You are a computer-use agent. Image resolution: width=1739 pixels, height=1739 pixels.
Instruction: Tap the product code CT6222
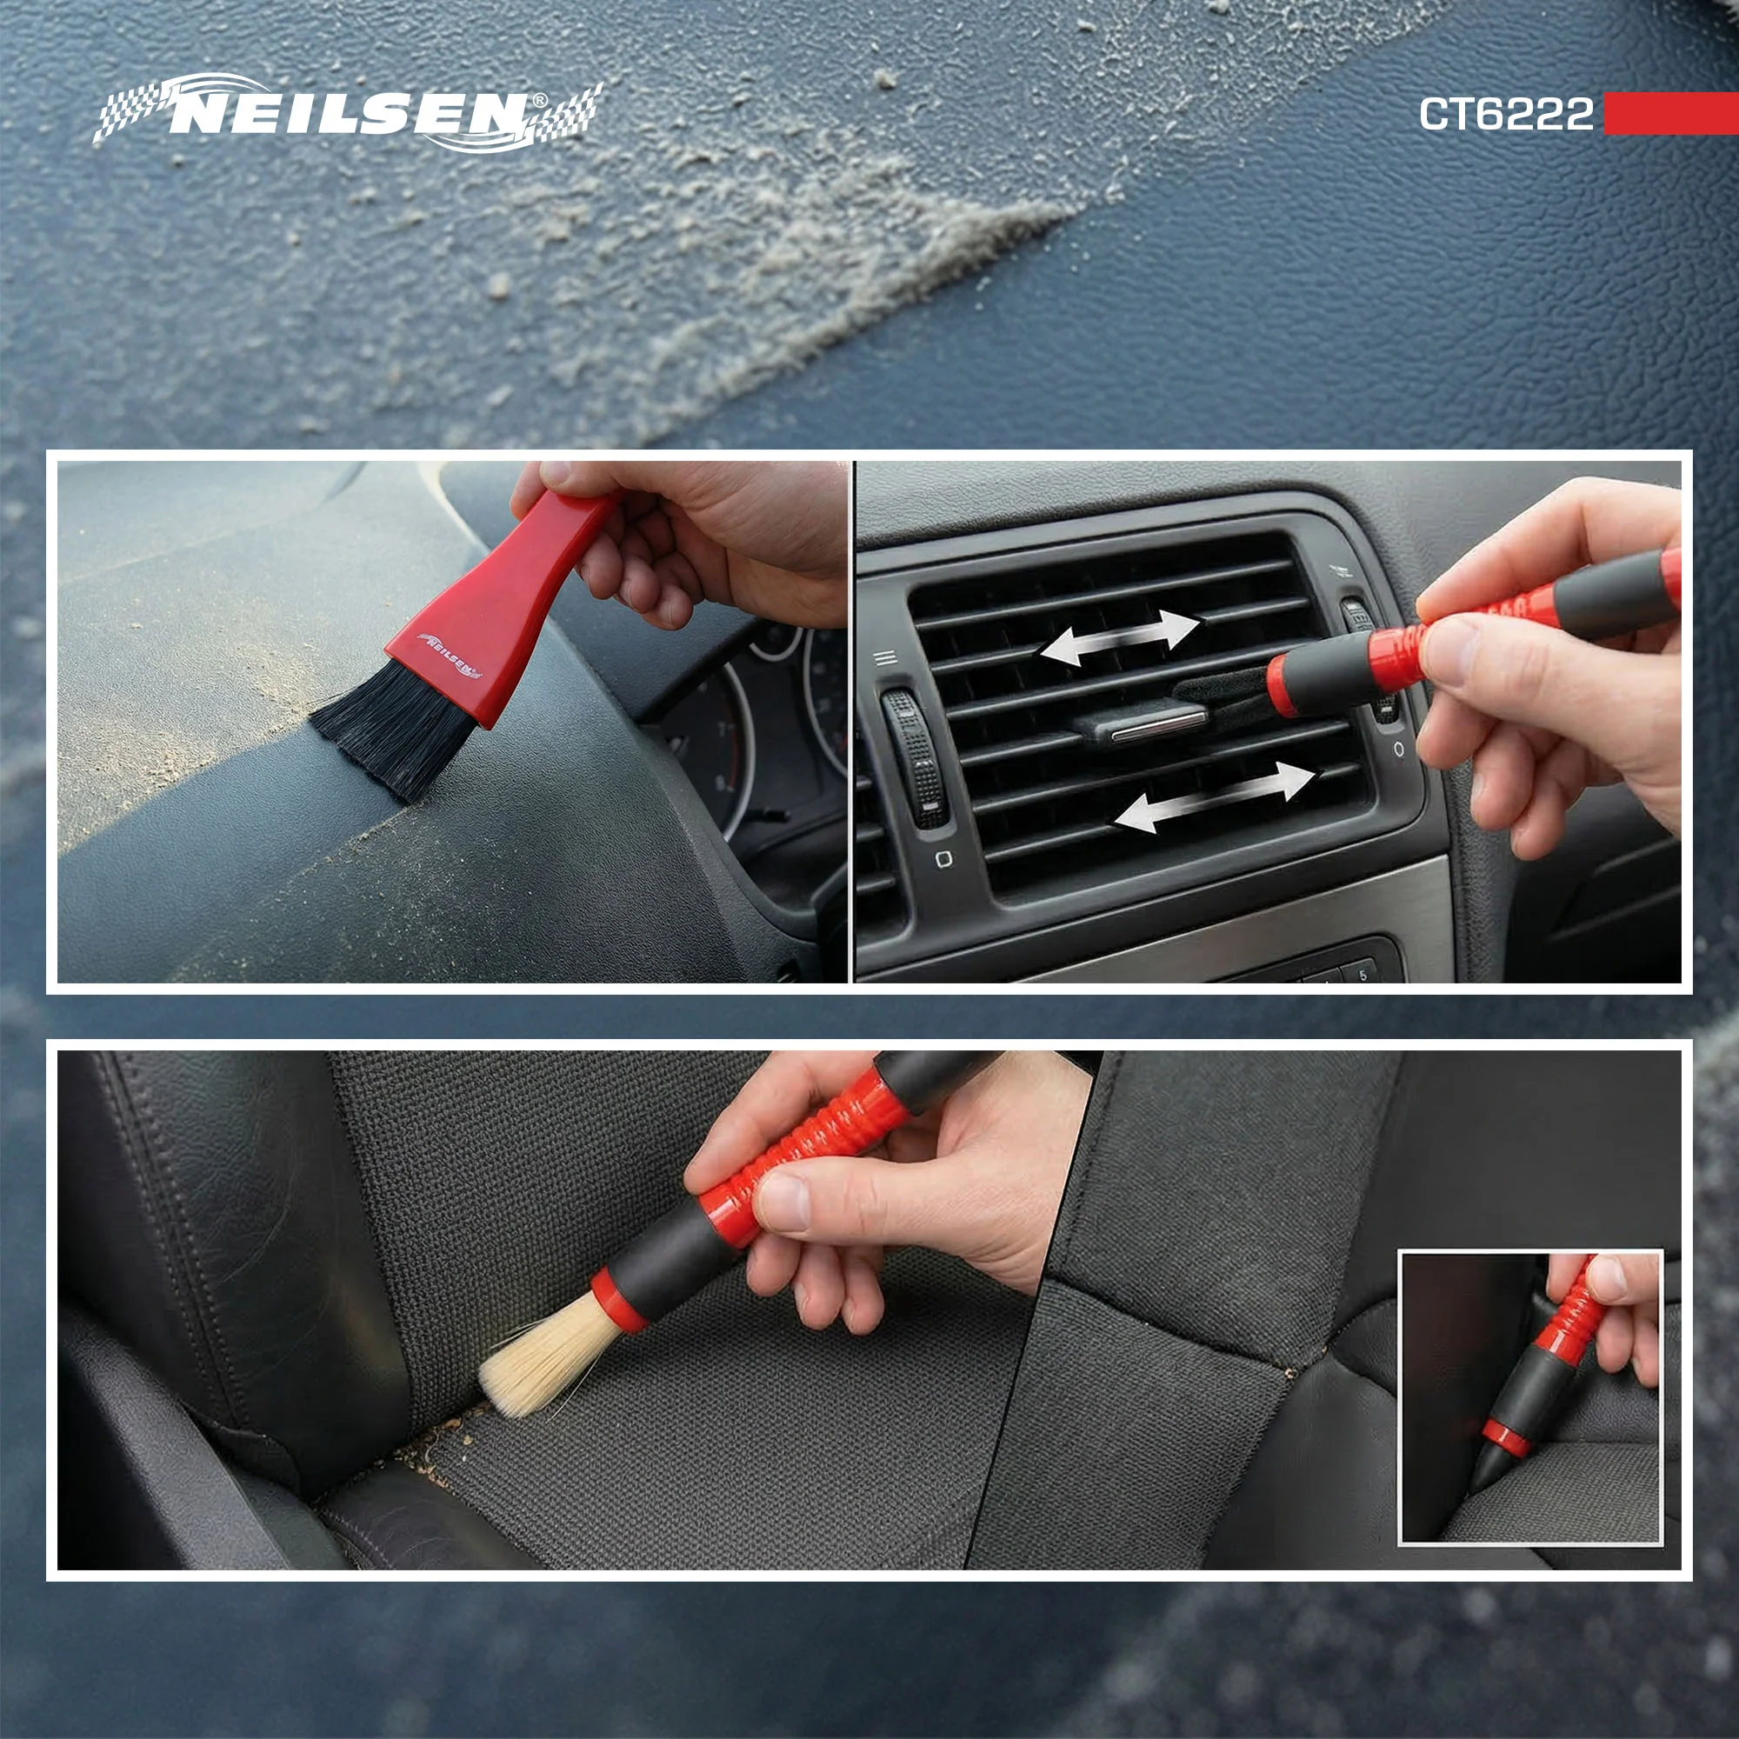click(x=1506, y=114)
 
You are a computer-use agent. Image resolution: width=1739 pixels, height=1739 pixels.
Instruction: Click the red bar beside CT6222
click(x=1670, y=113)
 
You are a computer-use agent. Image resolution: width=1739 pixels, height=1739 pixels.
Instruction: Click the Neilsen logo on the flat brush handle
click(x=450, y=655)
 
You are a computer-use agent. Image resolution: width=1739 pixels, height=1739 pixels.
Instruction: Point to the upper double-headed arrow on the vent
click(x=1120, y=637)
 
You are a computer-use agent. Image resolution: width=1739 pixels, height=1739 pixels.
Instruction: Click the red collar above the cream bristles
click(x=618, y=1298)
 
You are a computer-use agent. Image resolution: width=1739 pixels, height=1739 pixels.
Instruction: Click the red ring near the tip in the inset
click(x=1504, y=1437)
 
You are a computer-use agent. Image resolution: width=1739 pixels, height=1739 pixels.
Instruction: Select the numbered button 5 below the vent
click(x=1362, y=973)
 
